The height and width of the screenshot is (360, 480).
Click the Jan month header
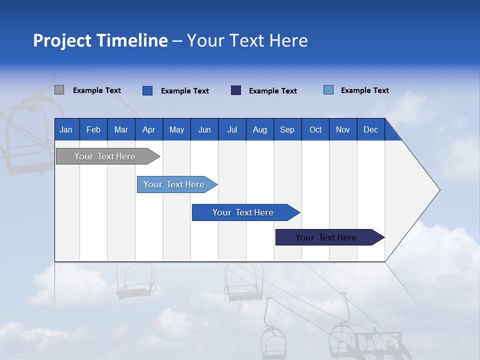point(66,129)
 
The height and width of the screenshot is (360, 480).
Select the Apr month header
point(148,129)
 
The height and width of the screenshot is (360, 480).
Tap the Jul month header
point(232,129)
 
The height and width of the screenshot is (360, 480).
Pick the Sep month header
point(287,129)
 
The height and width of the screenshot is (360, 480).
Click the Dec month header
point(370,129)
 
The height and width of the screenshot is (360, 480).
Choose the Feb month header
point(93,129)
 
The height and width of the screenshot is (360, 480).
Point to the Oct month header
point(315,129)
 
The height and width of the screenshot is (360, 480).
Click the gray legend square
point(59,90)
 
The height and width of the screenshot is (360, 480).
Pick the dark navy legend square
point(236,90)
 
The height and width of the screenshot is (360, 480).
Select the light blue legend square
point(328,90)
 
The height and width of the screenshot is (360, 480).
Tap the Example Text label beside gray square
point(97,90)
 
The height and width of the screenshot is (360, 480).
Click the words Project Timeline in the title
point(100,40)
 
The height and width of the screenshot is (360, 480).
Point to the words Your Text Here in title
point(247,40)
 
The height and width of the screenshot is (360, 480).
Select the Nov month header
point(343,129)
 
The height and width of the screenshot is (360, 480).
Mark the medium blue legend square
point(147,90)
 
